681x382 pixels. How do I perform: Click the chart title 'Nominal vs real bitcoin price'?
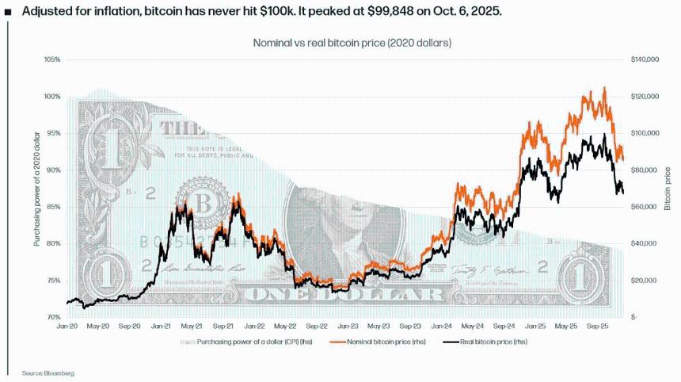(x=352, y=43)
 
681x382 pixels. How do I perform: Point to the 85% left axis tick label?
(x=52, y=207)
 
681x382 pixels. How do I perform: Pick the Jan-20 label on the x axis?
(x=67, y=326)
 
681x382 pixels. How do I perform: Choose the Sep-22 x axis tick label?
(x=317, y=326)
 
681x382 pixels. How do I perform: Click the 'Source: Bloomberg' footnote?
(x=42, y=372)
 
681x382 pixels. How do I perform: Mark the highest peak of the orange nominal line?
(x=604, y=88)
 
